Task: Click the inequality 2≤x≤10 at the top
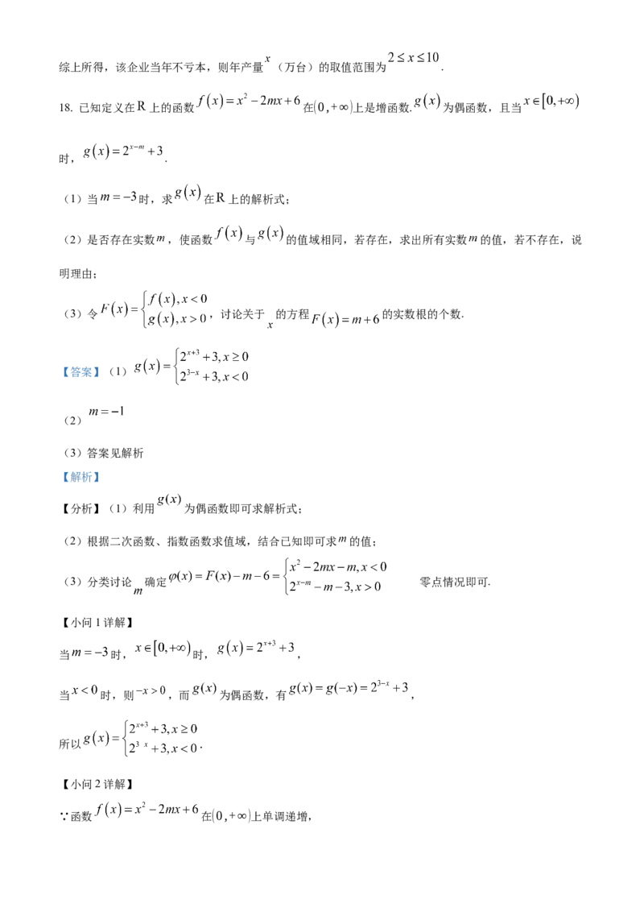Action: (413, 57)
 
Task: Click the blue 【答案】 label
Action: (80, 371)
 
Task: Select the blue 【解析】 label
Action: (80, 477)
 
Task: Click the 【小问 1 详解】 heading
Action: (97, 623)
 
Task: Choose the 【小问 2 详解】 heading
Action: (97, 785)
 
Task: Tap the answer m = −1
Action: (106, 412)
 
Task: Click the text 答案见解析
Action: (115, 453)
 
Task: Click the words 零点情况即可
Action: (455, 582)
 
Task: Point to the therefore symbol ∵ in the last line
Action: (64, 817)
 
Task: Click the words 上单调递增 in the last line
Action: (281, 817)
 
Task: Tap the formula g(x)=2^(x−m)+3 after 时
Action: (123, 151)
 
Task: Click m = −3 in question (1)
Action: (118, 197)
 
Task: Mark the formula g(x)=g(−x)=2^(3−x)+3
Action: (349, 688)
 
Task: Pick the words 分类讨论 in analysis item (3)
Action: (109, 582)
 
